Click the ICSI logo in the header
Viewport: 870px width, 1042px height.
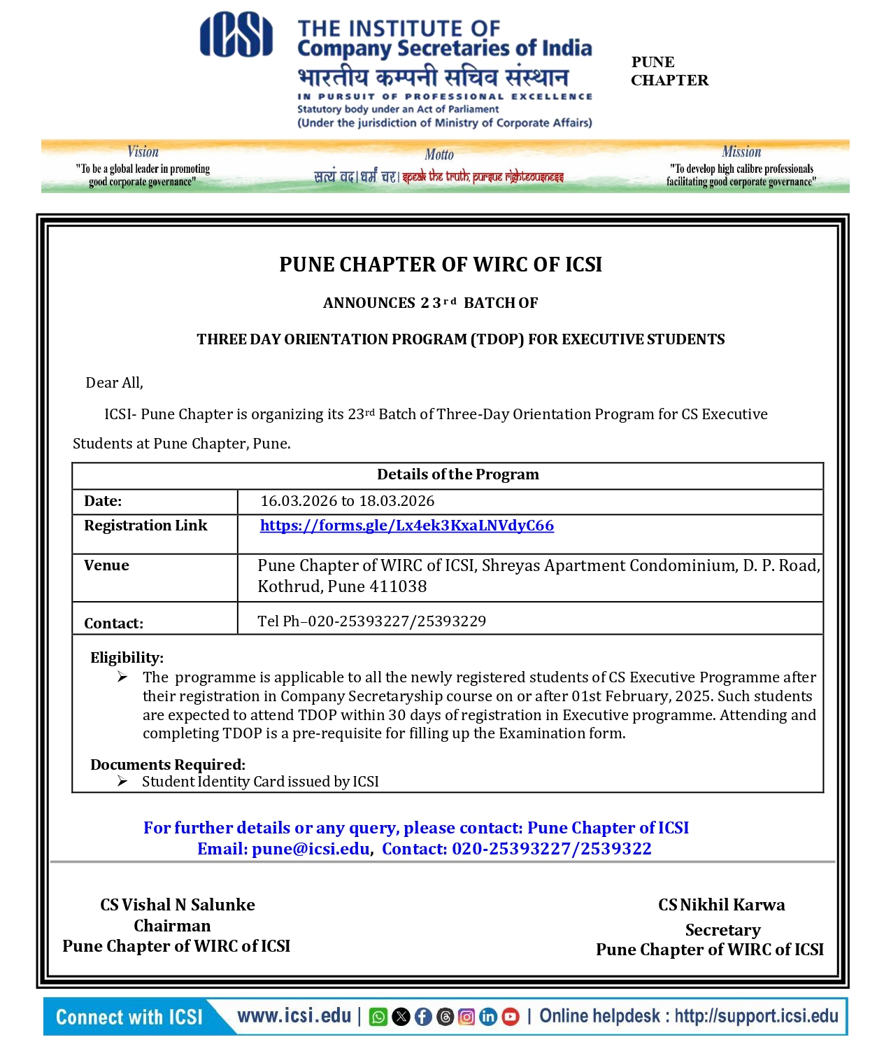[x=236, y=34]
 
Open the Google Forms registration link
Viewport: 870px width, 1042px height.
[x=406, y=526]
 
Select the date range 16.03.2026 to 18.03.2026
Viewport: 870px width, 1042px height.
[x=347, y=501]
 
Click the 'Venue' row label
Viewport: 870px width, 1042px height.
[x=106, y=565]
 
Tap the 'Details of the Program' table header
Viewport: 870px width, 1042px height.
[x=457, y=474]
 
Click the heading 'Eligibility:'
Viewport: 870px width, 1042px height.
[x=127, y=658]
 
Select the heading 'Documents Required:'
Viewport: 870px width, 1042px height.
[x=167, y=765]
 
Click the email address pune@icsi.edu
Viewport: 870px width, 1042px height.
[x=311, y=849]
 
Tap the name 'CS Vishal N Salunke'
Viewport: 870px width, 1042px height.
[x=177, y=905]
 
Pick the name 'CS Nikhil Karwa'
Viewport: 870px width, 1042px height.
[x=721, y=905]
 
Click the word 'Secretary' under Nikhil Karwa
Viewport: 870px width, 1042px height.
[x=722, y=930]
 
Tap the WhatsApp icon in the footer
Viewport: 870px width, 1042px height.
[x=378, y=1017]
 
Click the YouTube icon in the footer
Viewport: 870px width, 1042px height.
[x=511, y=1017]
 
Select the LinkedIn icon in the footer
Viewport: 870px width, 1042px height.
[x=489, y=1017]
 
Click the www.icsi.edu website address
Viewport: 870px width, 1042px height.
[x=294, y=1016]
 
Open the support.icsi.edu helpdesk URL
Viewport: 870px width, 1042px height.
[x=756, y=1016]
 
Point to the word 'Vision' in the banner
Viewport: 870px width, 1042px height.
[x=143, y=152]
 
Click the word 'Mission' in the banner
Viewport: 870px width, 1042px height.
[x=741, y=152]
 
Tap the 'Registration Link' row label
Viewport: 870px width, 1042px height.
[x=145, y=526]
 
